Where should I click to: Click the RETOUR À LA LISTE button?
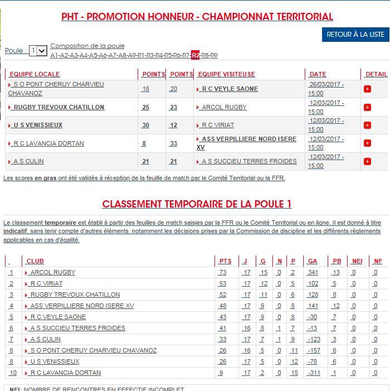(355, 34)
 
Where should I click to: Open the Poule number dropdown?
(38, 51)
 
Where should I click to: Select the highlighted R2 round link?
(195, 55)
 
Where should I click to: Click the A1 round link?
(54, 55)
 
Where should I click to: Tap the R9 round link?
(213, 55)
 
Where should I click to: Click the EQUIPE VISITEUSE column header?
(226, 74)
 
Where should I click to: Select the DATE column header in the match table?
(318, 74)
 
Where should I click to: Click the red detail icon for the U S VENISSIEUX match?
(367, 125)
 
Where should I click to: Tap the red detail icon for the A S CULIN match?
(367, 162)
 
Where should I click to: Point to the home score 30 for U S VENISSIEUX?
(145, 125)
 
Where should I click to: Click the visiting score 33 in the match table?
(174, 143)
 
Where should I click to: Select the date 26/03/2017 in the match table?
(326, 85)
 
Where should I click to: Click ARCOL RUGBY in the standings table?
(52, 272)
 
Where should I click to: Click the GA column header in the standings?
(312, 261)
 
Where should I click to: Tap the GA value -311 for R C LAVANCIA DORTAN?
(314, 373)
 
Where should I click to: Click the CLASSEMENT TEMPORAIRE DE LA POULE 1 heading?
(197, 204)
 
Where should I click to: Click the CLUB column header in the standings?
(35, 261)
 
